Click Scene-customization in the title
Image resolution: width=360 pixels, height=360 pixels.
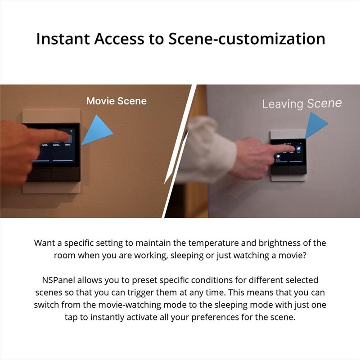[247, 39]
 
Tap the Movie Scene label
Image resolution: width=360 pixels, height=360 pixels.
[117, 101]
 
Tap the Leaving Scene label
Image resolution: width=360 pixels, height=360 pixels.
[302, 104]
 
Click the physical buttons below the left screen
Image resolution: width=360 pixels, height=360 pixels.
[53, 174]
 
